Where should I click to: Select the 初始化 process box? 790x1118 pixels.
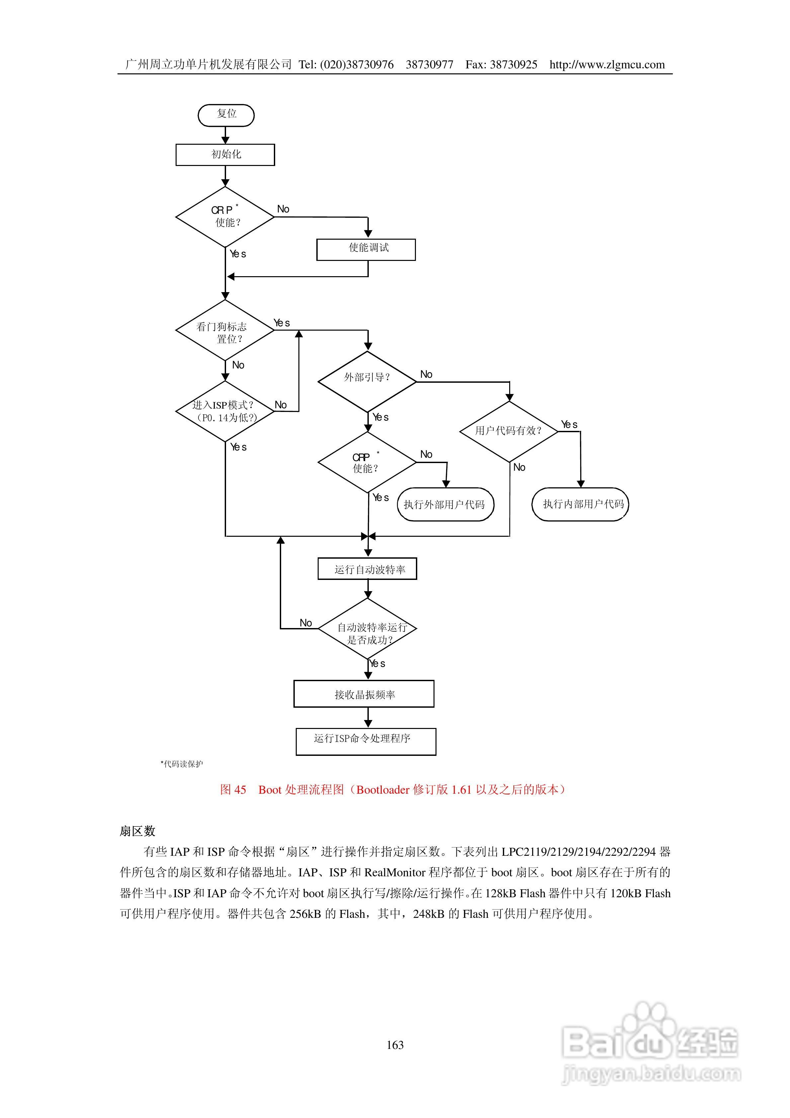click(225, 155)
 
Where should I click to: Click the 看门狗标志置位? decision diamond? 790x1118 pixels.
click(225, 330)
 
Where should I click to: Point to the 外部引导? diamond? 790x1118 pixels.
click(367, 382)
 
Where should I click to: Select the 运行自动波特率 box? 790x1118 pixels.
click(367, 569)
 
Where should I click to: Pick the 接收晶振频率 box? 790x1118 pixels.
click(364, 694)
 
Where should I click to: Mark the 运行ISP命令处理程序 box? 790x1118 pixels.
click(366, 742)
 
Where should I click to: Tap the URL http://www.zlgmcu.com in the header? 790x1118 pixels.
click(607, 65)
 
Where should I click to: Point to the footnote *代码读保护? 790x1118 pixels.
click(182, 764)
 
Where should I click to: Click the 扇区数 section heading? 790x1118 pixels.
click(137, 831)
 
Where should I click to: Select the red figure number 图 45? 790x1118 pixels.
click(233, 790)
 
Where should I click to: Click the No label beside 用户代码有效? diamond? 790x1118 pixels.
click(519, 467)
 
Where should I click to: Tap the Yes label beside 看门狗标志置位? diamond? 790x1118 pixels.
click(281, 323)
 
